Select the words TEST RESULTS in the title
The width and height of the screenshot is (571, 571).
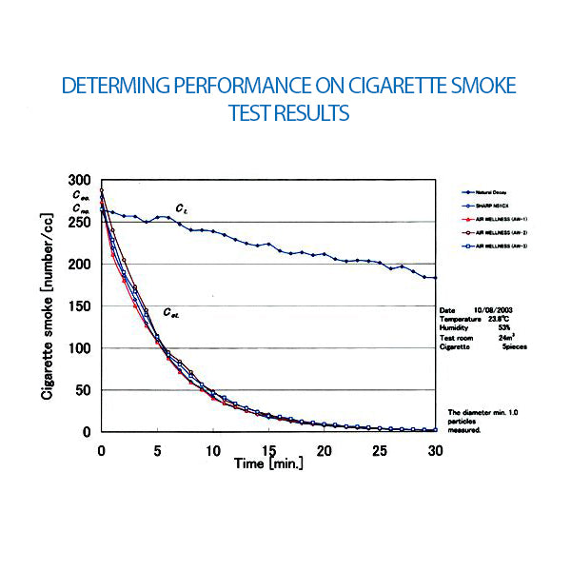pyautogui.click(x=289, y=112)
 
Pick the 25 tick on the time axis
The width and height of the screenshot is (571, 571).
pyautogui.click(x=380, y=450)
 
